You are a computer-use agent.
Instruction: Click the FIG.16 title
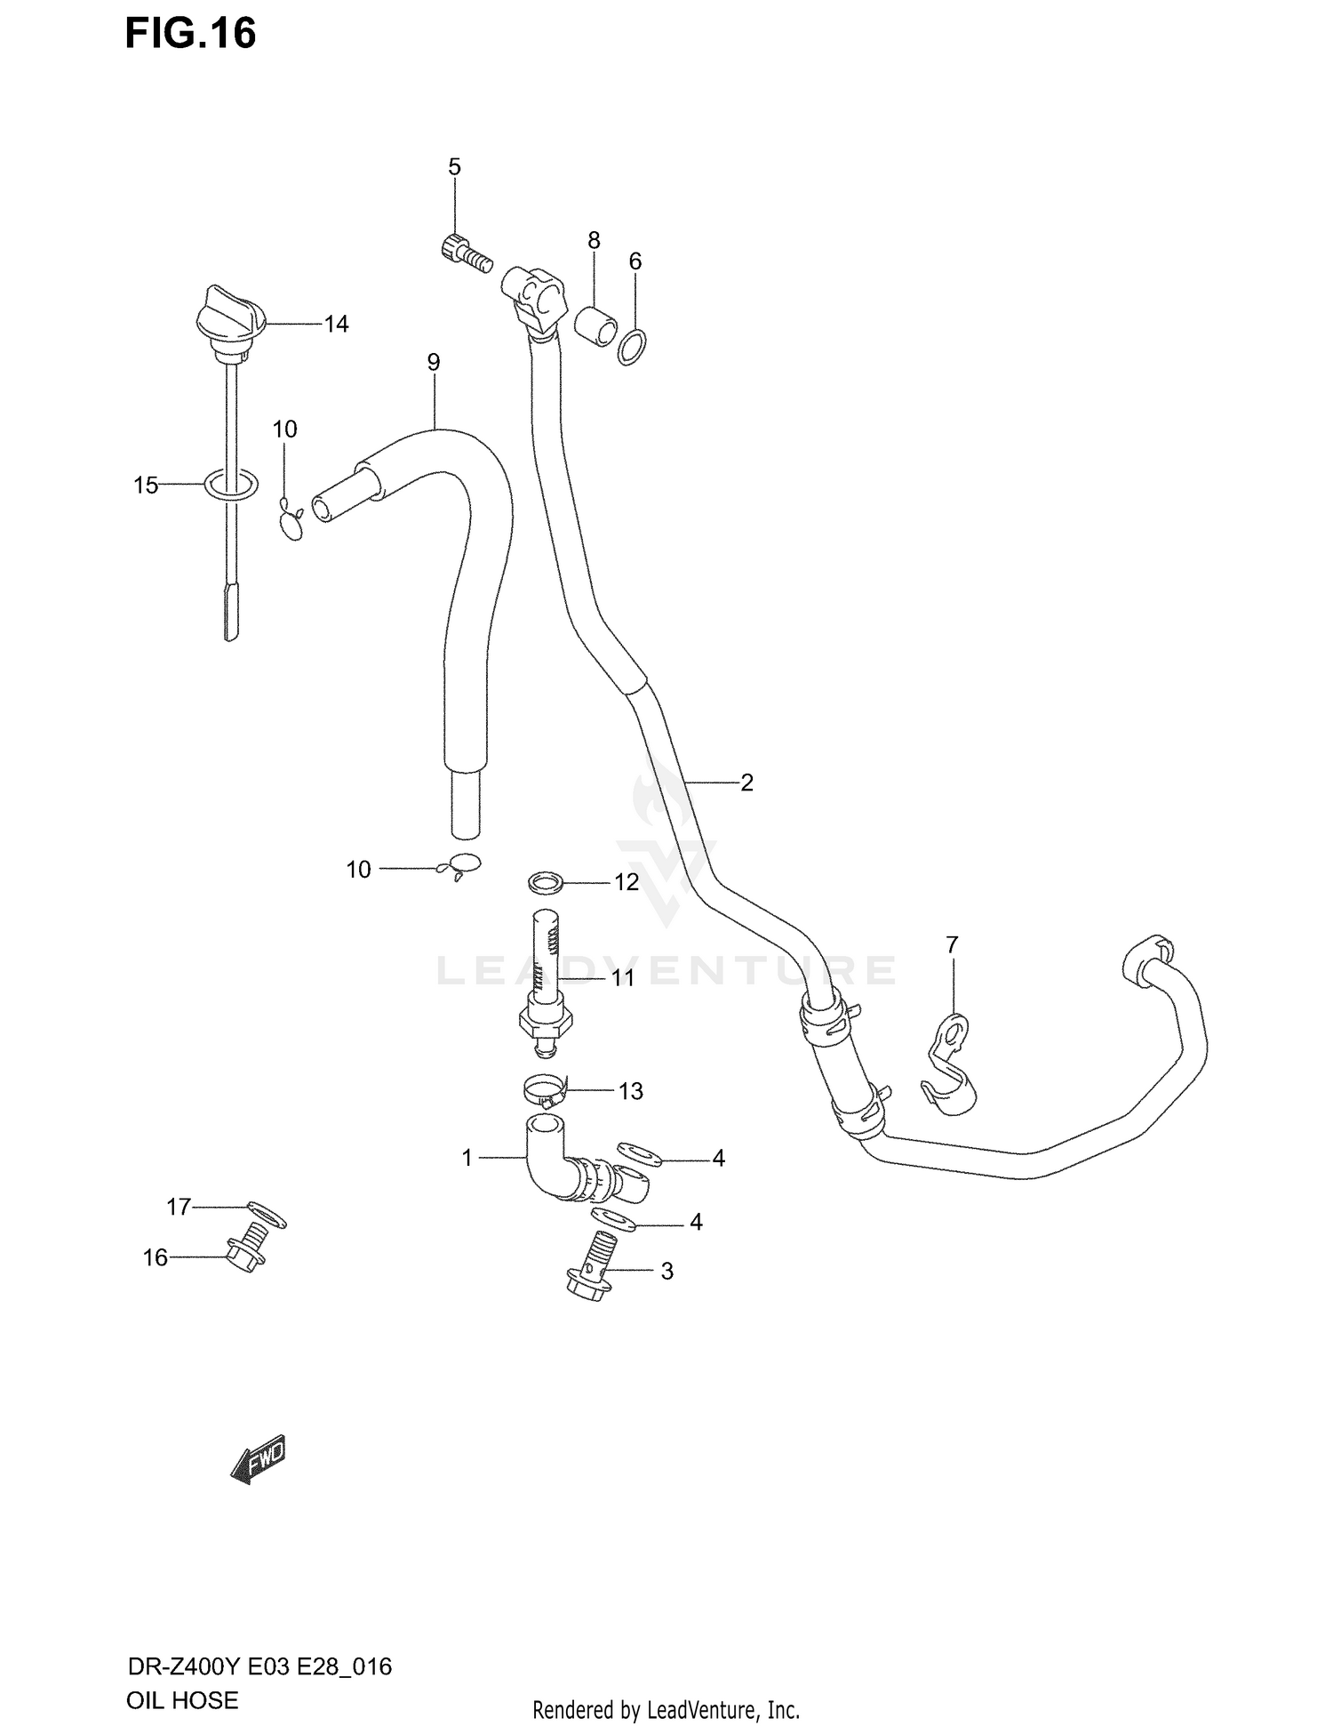(190, 34)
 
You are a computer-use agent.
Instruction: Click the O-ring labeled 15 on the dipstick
(231, 485)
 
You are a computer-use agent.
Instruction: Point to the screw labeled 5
(466, 251)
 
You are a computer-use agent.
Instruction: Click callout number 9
(433, 362)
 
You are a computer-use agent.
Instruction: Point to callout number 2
(746, 783)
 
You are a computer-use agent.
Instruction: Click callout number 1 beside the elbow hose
(467, 1158)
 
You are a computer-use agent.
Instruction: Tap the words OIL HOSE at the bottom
(182, 1700)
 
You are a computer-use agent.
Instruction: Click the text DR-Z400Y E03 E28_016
(259, 1666)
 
